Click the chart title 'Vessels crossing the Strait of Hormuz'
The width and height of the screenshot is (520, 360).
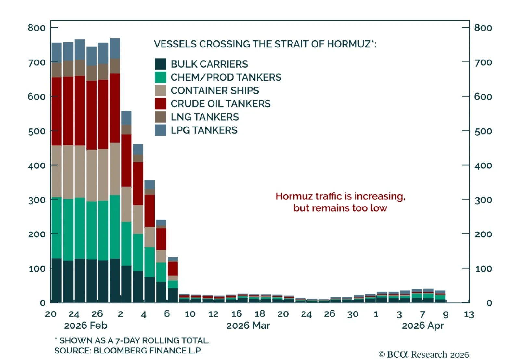[x=265, y=44]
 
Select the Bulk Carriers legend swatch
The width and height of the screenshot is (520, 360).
[x=161, y=64]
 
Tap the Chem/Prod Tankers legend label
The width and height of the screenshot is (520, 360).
[x=226, y=77]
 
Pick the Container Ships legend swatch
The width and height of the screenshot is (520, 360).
[x=161, y=90]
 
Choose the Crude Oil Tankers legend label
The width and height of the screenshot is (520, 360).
[x=220, y=104]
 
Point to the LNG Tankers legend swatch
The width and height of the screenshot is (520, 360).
[x=161, y=117]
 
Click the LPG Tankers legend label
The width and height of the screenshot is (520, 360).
[x=204, y=130]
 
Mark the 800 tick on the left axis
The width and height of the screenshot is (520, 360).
[x=36, y=28]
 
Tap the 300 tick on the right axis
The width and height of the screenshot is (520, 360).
[x=483, y=200]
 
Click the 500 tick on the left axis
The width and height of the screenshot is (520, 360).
[x=36, y=131]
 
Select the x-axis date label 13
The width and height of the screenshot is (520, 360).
[x=469, y=314]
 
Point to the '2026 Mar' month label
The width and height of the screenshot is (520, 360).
[x=248, y=326]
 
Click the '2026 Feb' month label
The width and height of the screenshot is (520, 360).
[x=85, y=326]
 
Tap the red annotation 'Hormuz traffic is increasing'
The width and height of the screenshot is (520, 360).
[x=340, y=196]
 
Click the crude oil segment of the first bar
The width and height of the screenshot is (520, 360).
[x=57, y=111]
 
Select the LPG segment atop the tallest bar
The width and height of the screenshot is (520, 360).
[x=114, y=48]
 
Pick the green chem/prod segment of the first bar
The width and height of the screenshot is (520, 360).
[x=57, y=228]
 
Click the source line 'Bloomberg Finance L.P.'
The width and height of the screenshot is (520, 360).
[x=128, y=351]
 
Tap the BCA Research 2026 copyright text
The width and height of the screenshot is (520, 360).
[x=424, y=354]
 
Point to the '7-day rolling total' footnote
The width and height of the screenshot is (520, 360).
[x=133, y=340]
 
